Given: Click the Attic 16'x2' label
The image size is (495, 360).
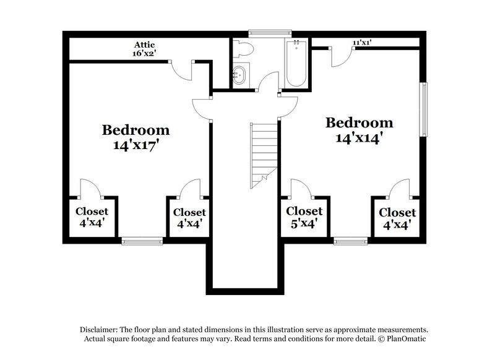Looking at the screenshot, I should tap(144, 49).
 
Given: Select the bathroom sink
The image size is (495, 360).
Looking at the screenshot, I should tap(240, 76).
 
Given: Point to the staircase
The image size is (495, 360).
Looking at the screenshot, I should tap(264, 153).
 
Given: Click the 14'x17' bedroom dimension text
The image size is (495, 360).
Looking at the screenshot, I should tap(136, 147).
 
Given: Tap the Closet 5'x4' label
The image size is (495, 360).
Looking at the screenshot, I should tap(304, 217).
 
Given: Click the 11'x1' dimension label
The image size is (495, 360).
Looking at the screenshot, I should tap(362, 43).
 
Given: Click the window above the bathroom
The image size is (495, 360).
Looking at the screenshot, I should tap(270, 32).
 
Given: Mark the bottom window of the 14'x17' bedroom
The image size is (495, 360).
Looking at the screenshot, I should tap(142, 241).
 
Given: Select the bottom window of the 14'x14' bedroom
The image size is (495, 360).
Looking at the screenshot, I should tap(351, 241).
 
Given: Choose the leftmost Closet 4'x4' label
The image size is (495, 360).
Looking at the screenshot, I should tap(92, 217).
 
